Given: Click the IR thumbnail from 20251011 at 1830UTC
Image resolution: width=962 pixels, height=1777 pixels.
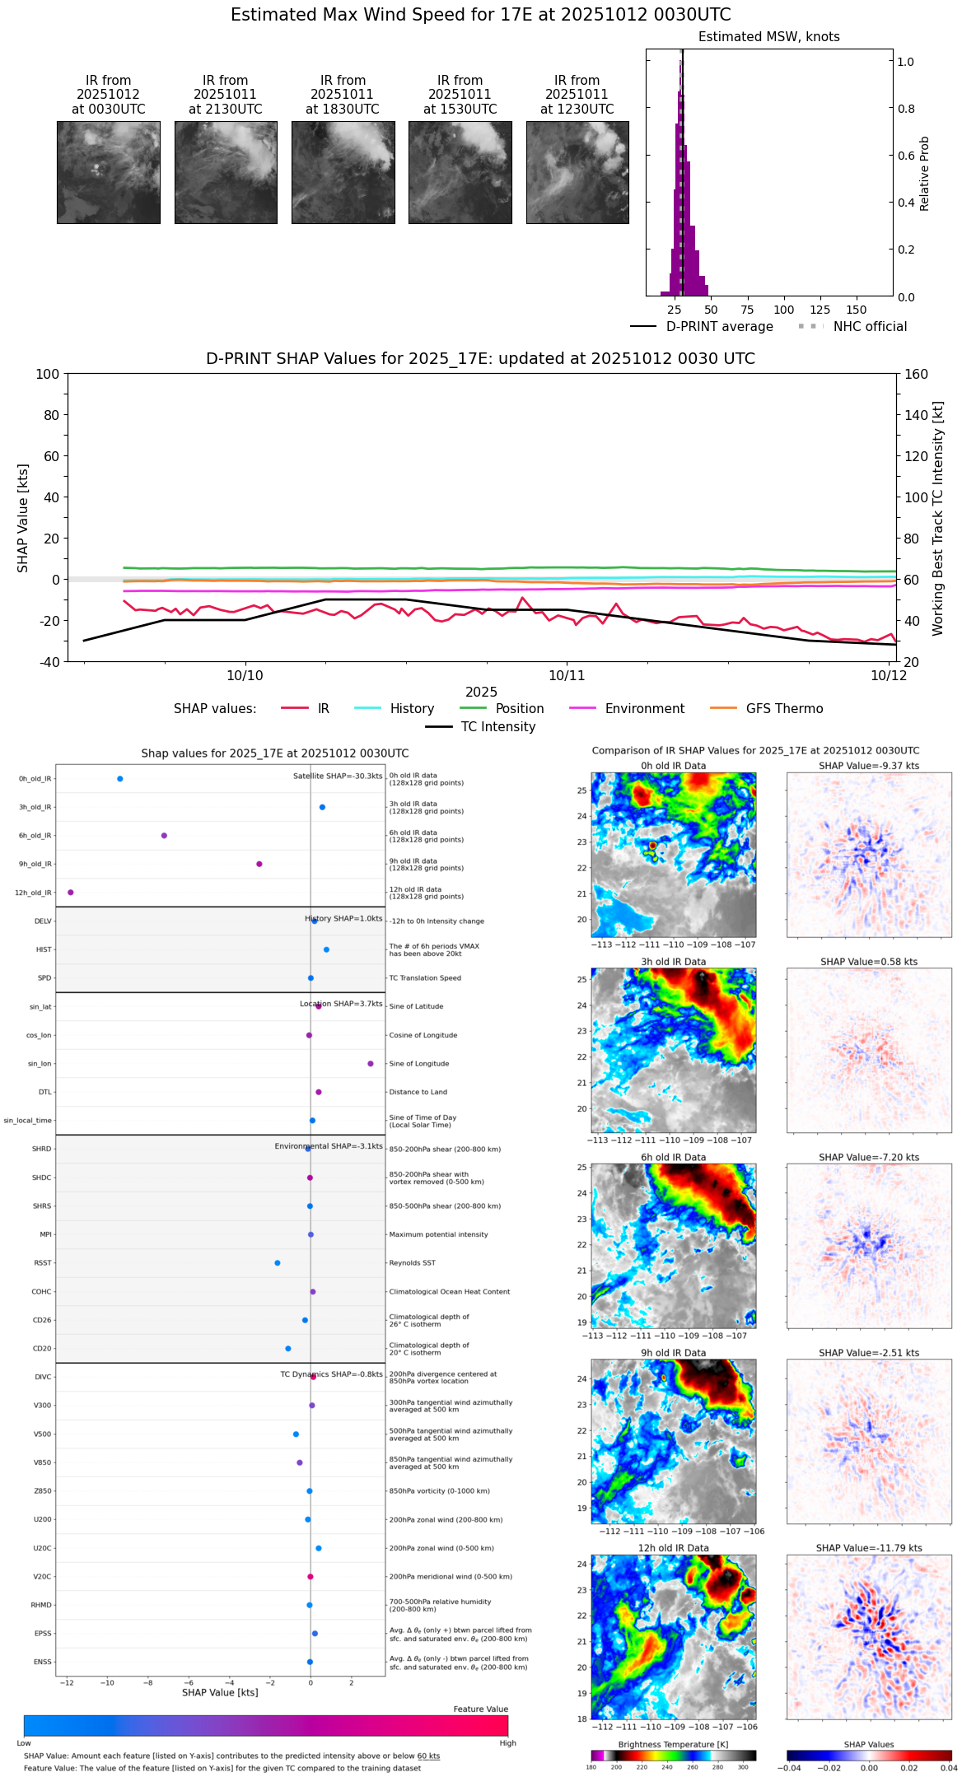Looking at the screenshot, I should [x=343, y=172].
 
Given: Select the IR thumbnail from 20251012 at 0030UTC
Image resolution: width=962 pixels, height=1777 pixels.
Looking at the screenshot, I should [x=108, y=172].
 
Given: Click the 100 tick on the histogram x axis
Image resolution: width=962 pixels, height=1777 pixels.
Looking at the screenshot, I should [x=783, y=310].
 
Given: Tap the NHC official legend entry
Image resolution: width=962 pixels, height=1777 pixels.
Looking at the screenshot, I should [x=869, y=327].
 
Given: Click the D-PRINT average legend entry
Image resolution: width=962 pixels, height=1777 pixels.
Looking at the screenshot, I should [x=719, y=327].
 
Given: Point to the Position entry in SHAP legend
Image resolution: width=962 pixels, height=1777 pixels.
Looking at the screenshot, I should [x=519, y=709].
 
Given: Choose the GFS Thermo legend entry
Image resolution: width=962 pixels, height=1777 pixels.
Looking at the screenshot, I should [x=784, y=709].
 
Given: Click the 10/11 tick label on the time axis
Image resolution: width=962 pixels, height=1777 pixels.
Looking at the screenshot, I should [x=567, y=675].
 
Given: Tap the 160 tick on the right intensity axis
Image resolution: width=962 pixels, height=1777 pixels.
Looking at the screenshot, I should [x=916, y=374].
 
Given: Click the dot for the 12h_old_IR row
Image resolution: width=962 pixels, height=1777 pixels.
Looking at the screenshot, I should [x=71, y=893].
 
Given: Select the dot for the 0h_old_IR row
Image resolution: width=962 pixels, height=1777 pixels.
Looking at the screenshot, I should [x=120, y=779].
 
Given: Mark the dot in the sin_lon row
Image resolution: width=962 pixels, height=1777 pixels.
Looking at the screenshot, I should [x=371, y=1064].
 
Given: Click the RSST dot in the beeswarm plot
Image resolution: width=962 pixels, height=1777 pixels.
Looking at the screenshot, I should [x=278, y=1263].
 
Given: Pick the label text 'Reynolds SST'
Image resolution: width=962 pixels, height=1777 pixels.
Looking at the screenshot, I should [x=412, y=1263].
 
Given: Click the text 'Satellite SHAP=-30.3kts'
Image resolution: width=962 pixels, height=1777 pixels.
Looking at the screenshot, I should [x=338, y=777].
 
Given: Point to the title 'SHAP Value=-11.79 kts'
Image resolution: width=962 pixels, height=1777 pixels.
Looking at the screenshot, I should [x=869, y=1548].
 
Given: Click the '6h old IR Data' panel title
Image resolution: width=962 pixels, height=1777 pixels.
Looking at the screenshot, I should [x=673, y=1157].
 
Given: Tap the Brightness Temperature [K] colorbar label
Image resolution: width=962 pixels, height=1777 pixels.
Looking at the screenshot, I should [x=673, y=1744].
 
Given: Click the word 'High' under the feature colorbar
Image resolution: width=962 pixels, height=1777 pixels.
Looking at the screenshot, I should [x=507, y=1743].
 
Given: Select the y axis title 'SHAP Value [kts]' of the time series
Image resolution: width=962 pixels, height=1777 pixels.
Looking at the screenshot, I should [x=23, y=518].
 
